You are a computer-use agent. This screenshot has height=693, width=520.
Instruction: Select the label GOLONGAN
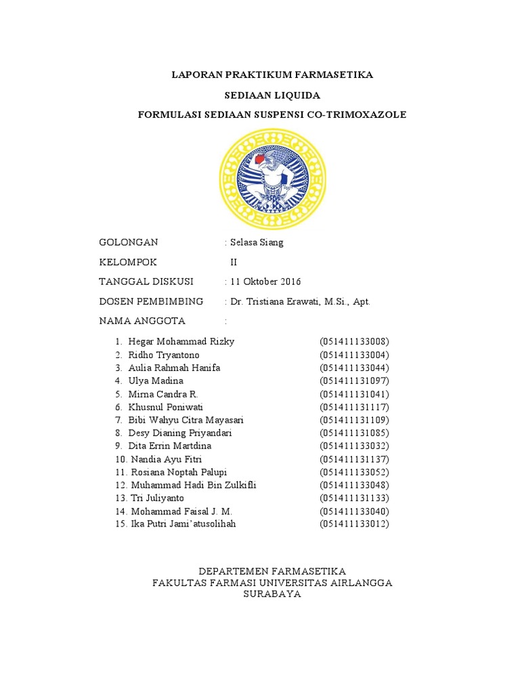click(x=129, y=242)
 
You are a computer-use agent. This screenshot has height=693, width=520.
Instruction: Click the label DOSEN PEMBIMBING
click(x=151, y=301)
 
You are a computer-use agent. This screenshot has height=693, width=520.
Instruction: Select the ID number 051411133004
click(x=355, y=355)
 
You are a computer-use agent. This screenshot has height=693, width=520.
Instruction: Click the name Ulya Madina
click(x=156, y=381)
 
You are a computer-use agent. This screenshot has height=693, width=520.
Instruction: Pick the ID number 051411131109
click(x=355, y=420)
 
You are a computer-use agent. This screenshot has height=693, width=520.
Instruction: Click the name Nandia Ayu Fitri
click(x=165, y=460)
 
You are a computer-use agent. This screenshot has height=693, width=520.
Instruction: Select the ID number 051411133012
click(x=355, y=524)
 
